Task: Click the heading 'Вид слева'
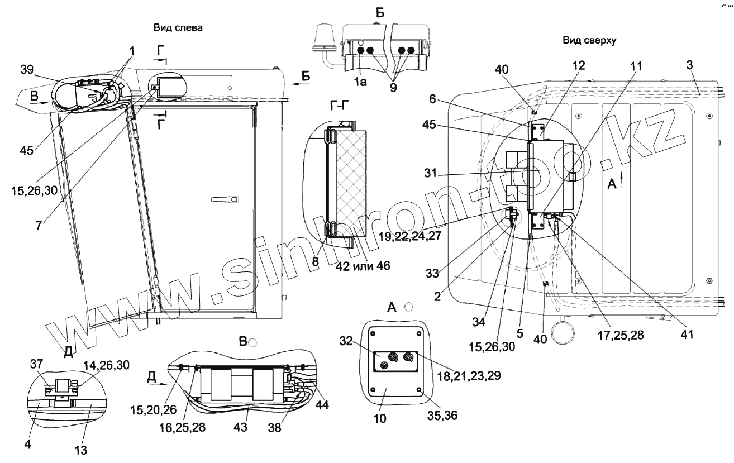178,28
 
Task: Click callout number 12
578,65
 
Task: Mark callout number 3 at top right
690,65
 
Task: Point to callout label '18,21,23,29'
469,375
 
